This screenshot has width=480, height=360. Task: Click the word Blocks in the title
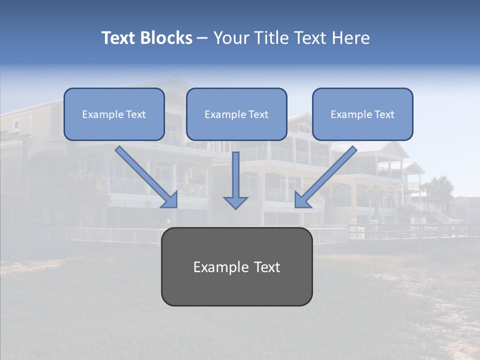(x=167, y=38)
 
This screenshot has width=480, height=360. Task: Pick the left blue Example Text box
(x=114, y=114)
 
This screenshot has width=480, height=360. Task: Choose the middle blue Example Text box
(x=236, y=114)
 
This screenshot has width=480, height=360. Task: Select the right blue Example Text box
(x=362, y=114)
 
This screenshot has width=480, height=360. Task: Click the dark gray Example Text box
(x=236, y=266)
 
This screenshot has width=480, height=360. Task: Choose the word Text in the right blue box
(x=384, y=114)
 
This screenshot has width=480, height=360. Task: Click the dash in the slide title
(x=202, y=38)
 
